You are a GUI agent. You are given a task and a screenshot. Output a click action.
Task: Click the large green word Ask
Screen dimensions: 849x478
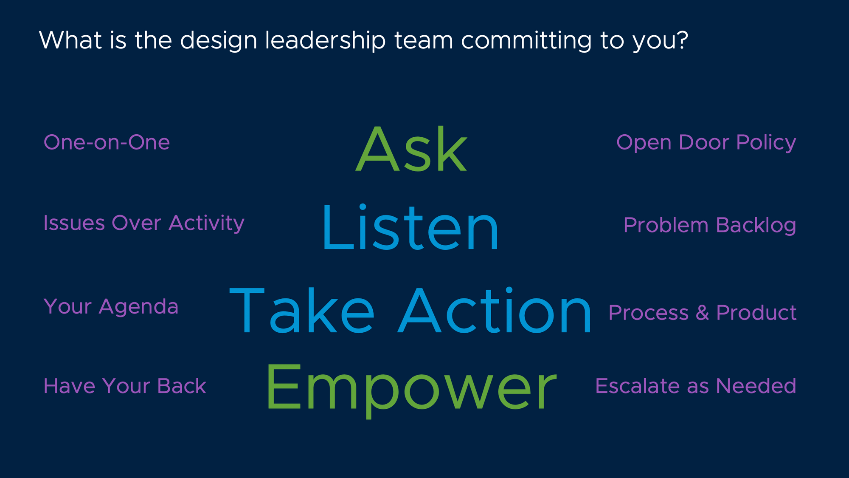[x=411, y=149]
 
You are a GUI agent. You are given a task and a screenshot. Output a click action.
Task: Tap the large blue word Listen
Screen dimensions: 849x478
[x=410, y=228]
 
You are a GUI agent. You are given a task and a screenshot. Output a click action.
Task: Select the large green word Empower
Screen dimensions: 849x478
[x=411, y=389]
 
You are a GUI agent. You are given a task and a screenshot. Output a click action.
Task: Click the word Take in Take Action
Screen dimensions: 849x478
[x=302, y=311]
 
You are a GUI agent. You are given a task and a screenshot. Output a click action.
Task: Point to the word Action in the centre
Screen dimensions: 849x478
[x=495, y=311]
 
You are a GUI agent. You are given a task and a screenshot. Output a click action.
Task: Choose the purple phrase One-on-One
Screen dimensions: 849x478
[x=107, y=142]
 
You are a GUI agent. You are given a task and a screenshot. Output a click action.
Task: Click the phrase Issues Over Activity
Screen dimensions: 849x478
[x=144, y=223]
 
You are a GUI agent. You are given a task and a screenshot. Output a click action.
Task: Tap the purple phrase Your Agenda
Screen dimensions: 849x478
[x=111, y=307]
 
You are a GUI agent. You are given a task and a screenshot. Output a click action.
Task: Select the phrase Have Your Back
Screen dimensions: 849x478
[x=125, y=386]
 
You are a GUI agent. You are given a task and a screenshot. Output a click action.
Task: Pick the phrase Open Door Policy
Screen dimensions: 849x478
[x=706, y=143]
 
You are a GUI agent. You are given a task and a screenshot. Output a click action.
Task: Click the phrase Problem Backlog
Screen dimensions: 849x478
[x=710, y=225]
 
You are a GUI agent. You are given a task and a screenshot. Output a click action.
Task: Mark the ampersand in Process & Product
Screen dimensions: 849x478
[x=702, y=313]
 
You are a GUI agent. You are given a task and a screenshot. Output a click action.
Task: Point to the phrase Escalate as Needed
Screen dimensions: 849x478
[x=696, y=386]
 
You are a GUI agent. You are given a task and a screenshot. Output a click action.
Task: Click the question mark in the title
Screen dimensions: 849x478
[x=682, y=40]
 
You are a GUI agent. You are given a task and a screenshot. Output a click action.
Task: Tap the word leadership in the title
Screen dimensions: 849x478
[x=326, y=41]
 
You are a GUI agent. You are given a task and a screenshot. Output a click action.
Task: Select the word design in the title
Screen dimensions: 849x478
[x=219, y=41]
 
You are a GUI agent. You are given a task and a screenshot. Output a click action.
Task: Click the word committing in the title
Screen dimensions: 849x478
[x=526, y=41]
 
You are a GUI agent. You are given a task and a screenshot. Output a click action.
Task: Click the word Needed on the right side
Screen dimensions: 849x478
[x=756, y=386]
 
